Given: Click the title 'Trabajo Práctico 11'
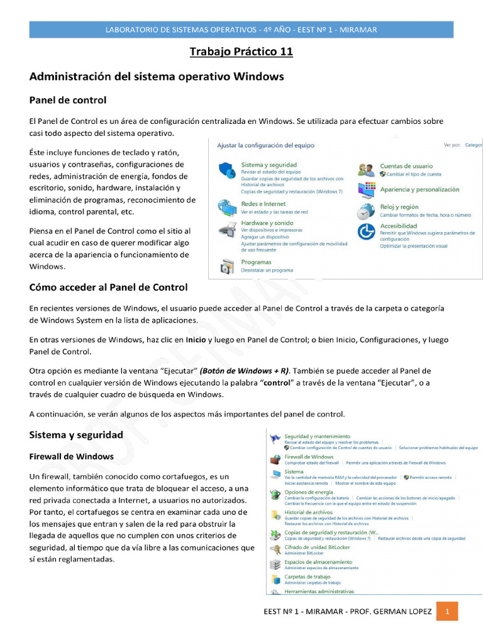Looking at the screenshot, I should tap(241, 52).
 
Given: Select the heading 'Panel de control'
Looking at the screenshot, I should tap(68, 99).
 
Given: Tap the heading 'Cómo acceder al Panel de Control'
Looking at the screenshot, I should tap(108, 287).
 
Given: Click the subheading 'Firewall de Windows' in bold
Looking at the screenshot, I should tap(72, 456).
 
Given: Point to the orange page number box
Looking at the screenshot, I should tap(447, 611).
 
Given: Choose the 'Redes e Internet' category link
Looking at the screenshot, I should tap(263, 204).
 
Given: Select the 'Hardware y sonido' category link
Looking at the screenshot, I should tap(267, 223).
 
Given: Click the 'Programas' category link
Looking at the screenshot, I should tap(256, 262).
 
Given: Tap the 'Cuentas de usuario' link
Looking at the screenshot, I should tap(406, 166).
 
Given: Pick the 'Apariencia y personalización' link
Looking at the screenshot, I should tap(419, 189).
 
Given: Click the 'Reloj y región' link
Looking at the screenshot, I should tap(399, 207).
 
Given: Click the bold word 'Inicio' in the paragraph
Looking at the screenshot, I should tap(196, 340).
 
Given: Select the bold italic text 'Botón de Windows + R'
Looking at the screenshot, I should tap(240, 371).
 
